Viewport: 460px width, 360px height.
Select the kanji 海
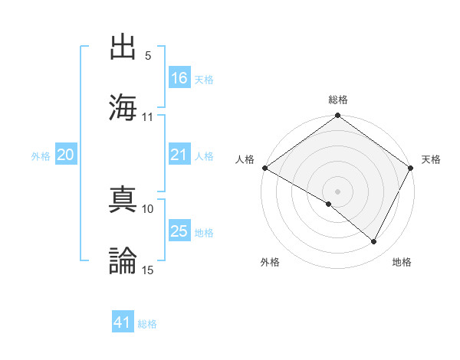pos(123,106)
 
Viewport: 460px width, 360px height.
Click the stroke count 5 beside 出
pos(148,57)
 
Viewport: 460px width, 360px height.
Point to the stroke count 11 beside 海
pos(148,117)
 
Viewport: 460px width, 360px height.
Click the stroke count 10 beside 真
pos(148,208)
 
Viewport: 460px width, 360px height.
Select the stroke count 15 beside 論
pos(148,269)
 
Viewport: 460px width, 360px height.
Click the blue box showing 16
pos(179,79)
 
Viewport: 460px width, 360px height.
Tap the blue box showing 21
pos(179,155)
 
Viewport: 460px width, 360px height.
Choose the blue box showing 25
pos(179,231)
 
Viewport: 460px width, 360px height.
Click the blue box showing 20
pos(65,155)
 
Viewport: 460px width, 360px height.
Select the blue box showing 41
pos(123,322)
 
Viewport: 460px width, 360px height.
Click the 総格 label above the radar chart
pos(337,100)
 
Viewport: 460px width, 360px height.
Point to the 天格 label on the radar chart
pos(432,159)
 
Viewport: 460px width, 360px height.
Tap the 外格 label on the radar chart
pos(270,262)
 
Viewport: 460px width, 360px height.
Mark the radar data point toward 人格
pos(264,168)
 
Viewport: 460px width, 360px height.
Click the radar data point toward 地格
pos(374,242)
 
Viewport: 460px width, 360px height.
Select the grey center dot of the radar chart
pos(337,190)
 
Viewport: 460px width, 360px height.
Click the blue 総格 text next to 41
pos(147,324)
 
